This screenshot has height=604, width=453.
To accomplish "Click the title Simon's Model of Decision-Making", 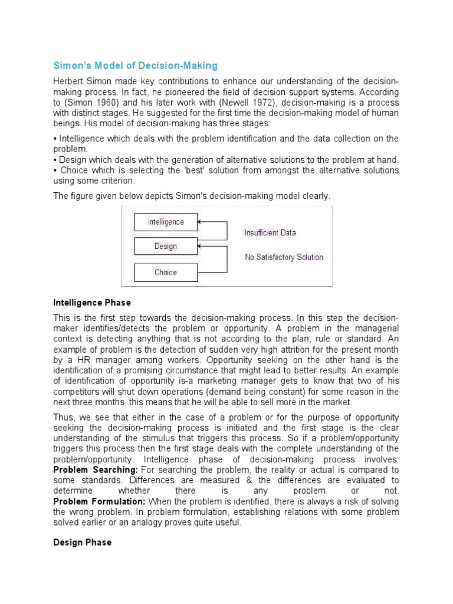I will point(136,65).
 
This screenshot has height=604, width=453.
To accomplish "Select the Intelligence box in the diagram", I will point(165,222).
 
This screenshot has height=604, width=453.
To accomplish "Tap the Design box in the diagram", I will point(165,247).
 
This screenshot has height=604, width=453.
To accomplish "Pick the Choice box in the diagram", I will point(165,272).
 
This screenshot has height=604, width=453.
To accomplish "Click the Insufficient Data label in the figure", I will point(270,233).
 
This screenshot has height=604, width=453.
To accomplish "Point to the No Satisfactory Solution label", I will point(284,257).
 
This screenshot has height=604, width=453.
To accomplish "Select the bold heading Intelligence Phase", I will point(91,303).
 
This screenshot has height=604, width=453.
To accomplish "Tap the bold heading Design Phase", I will point(82,542).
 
